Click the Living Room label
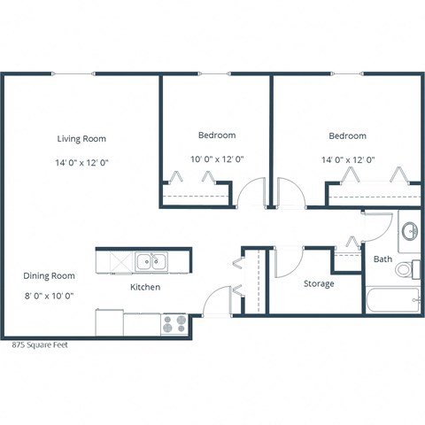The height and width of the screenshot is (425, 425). pos(81,139)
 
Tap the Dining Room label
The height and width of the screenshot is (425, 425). pos(49,275)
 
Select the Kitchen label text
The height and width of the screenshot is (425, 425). pos(145,288)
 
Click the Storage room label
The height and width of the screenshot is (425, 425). pos(318,284)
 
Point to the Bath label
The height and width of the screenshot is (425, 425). pos(382,259)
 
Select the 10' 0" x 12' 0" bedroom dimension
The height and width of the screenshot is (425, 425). pos(216,159)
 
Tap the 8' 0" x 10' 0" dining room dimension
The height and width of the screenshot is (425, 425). pos(49,296)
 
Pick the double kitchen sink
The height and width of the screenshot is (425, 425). pos(151,261)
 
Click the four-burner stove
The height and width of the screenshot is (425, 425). pos(174,324)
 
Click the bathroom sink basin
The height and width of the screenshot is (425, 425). pos(410,232)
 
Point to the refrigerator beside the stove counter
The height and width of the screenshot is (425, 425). pos(109,322)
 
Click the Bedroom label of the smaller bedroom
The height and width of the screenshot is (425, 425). pos(216,135)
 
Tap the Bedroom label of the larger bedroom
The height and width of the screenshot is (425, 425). pos(347,135)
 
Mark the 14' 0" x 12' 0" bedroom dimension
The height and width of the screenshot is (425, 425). pos(347,159)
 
